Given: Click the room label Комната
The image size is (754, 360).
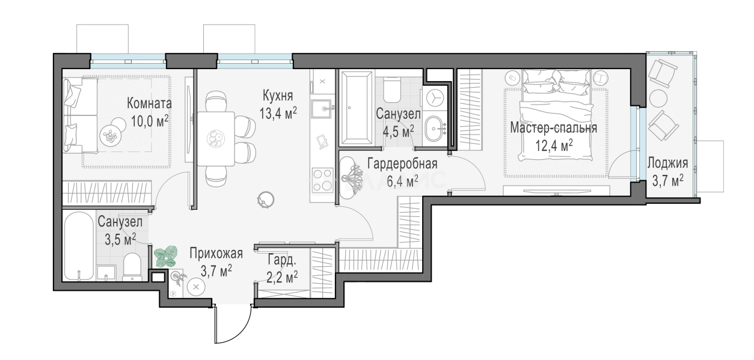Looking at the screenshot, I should click(149, 104).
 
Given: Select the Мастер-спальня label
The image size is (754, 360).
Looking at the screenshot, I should click(553, 127).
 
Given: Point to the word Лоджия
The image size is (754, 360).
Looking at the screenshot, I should click(667, 162).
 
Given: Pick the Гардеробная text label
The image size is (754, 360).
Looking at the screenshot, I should click(402, 163).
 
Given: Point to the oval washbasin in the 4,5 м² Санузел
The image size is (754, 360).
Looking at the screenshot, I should click(435, 128).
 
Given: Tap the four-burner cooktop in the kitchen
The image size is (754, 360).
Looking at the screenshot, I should click(322, 180).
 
